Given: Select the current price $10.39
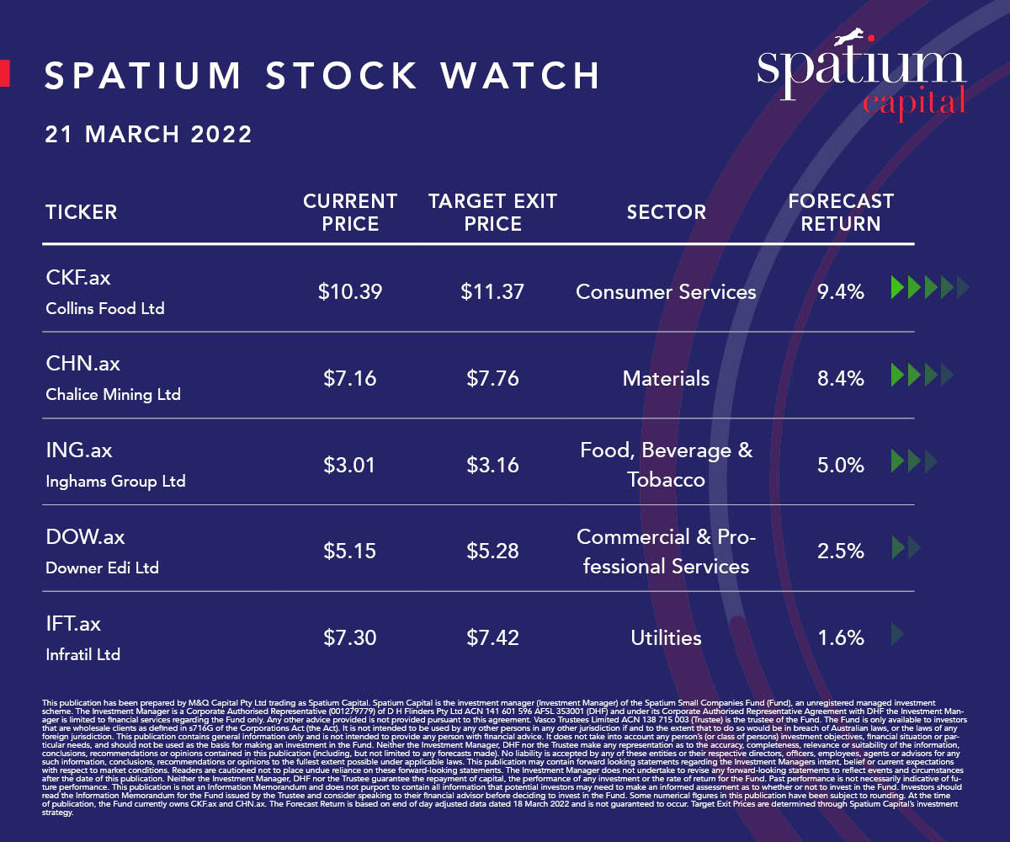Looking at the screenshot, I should click(x=350, y=292).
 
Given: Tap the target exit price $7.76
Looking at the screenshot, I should click(x=492, y=378).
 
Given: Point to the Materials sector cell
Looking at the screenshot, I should click(x=666, y=378).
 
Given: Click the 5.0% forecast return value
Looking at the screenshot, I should click(x=841, y=465).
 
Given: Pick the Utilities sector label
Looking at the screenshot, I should click(x=666, y=637).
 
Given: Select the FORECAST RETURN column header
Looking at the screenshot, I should click(x=841, y=212).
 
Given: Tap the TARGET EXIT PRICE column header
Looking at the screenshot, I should click(x=492, y=212).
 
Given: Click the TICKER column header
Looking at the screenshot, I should click(x=81, y=212).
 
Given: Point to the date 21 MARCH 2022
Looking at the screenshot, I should click(x=148, y=134).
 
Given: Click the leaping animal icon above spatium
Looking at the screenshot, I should click(x=852, y=38).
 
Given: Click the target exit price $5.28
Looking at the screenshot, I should click(x=492, y=552).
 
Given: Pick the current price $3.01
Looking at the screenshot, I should click(x=350, y=465).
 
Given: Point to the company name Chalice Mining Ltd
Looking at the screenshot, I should click(x=113, y=394).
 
